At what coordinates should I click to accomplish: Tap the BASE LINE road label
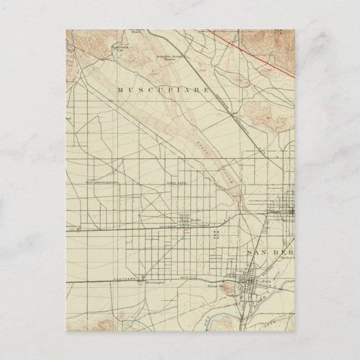point(175,183)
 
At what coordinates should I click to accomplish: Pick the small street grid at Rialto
point(184,220)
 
